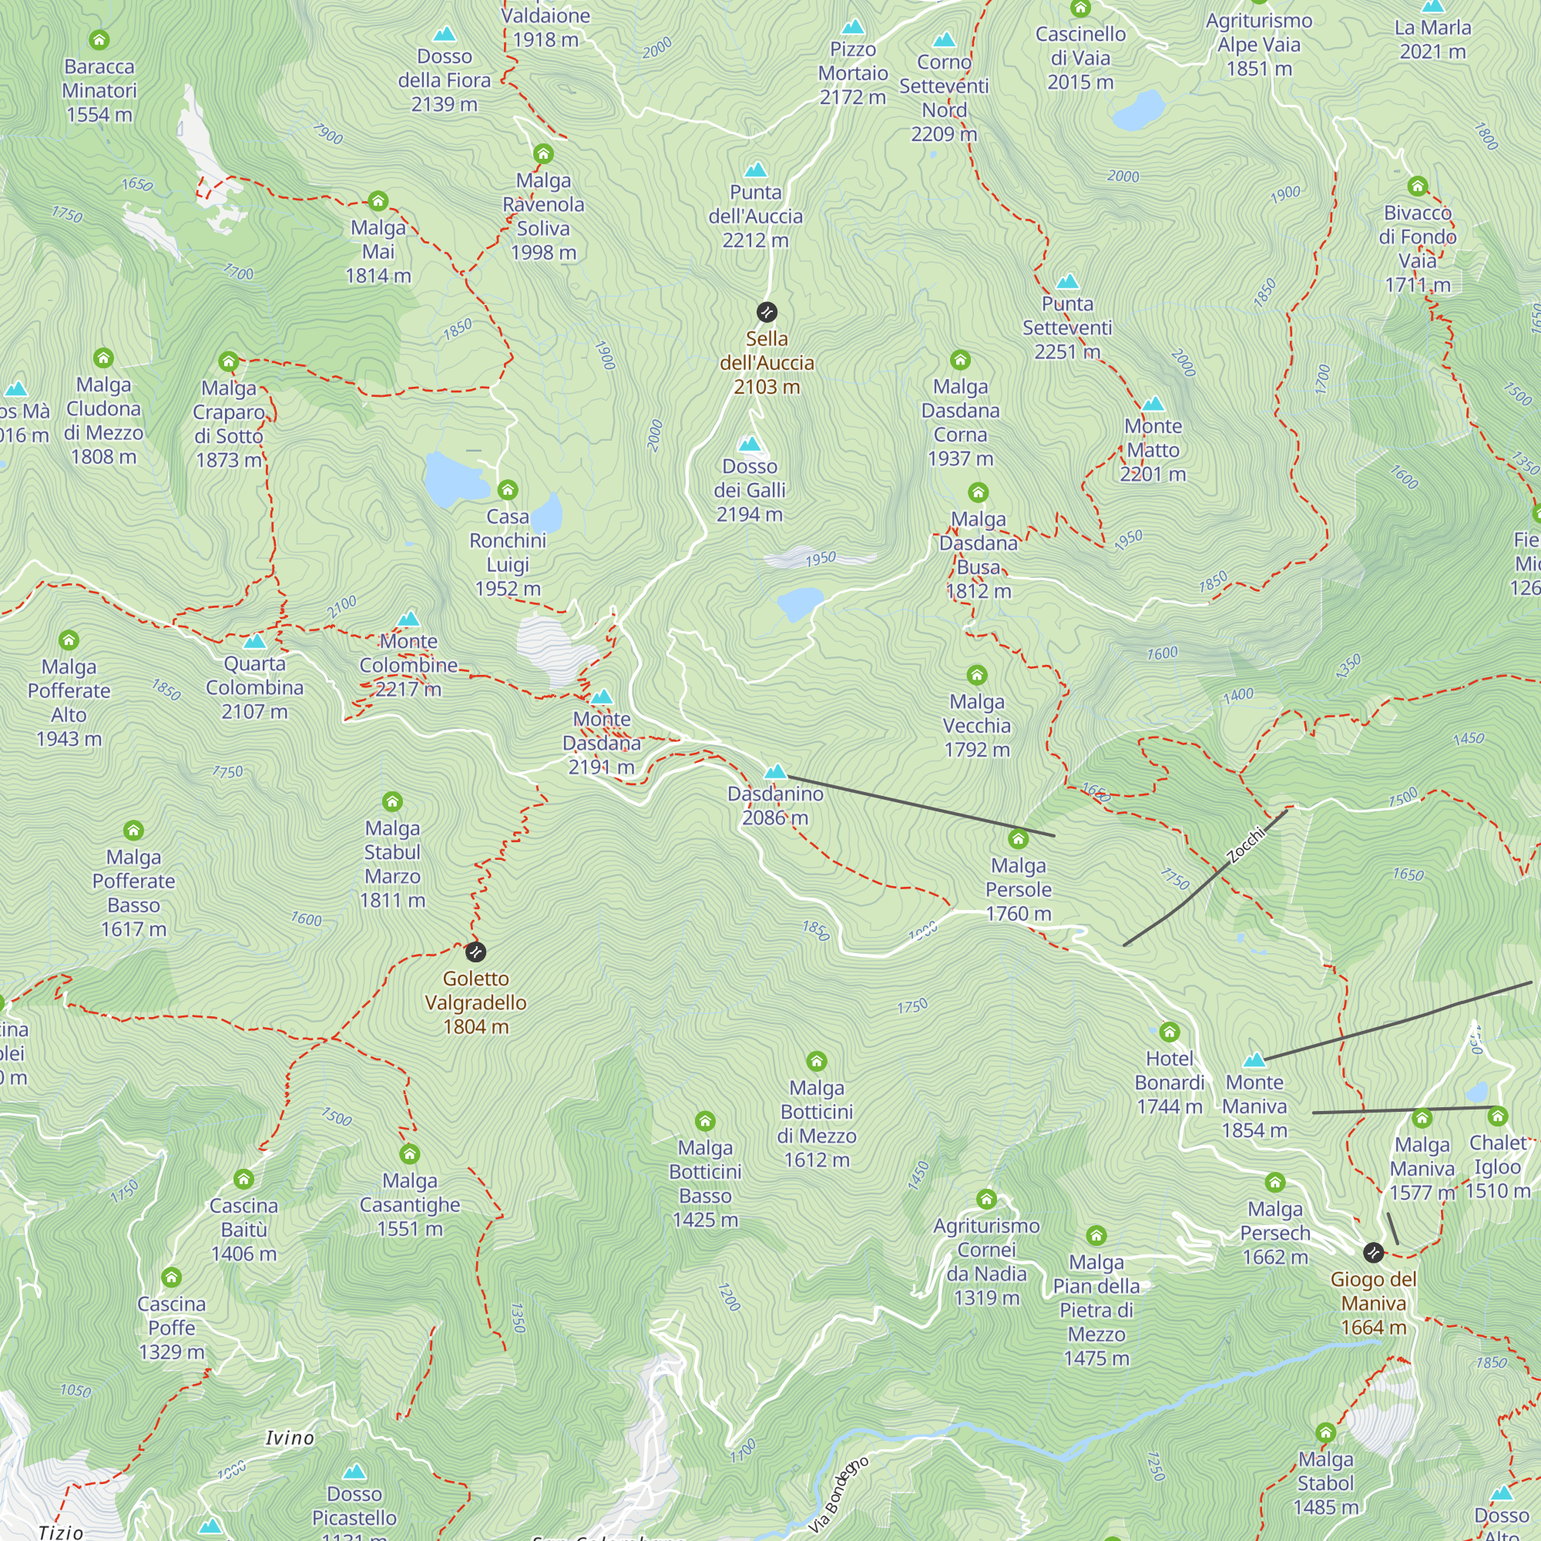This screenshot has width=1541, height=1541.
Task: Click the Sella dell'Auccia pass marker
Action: (767, 312)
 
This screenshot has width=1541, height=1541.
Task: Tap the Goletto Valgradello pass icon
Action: (475, 952)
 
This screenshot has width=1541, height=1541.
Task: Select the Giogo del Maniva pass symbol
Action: (1373, 1252)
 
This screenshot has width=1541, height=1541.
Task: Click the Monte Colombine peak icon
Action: (408, 619)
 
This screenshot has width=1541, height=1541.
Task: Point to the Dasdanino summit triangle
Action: (775, 771)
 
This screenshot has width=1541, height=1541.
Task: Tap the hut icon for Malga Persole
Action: (1018, 838)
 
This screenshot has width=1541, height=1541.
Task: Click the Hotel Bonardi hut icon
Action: (1170, 1032)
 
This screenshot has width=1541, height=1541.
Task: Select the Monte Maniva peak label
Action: (1254, 1106)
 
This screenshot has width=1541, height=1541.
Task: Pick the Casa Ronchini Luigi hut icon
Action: (507, 490)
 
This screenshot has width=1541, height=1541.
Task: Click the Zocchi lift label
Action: (1246, 844)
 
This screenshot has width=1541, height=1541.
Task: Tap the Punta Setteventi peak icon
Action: (1067, 281)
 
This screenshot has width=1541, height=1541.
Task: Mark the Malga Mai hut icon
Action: (378, 201)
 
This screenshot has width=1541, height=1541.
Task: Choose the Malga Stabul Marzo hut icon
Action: (391, 801)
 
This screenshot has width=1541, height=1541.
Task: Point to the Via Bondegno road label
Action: (838, 1495)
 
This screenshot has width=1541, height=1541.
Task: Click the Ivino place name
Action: (290, 1438)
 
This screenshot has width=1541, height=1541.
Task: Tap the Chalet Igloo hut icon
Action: (1497, 1116)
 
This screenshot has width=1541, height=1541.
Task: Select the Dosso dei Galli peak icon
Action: (749, 445)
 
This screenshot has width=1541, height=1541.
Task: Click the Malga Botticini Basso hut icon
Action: (704, 1121)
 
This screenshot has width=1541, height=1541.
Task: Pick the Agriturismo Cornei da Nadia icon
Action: (986, 1199)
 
